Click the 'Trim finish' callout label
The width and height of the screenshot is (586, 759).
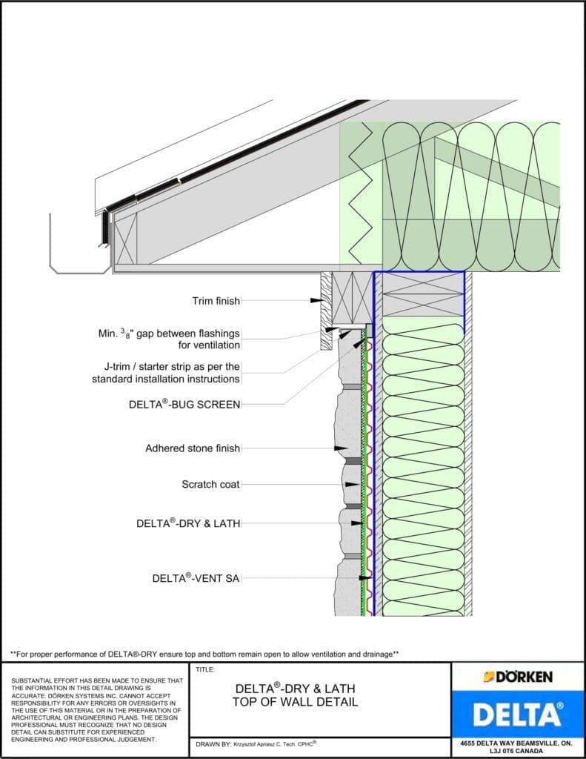pos(216,301)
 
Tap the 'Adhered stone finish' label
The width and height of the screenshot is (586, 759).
pos(193,448)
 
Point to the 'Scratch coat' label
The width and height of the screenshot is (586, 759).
pos(210,485)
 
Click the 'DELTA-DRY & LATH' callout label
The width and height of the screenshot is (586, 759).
pos(188,523)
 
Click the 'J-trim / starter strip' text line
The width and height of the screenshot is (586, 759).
pos(171,366)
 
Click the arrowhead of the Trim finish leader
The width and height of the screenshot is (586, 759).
pos(316,300)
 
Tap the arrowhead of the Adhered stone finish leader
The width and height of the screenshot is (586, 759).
pos(342,448)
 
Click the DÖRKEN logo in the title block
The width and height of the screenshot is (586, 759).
pos(518,677)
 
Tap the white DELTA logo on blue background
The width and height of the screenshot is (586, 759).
pos(518,715)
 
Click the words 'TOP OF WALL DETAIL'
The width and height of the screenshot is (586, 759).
pos(295,702)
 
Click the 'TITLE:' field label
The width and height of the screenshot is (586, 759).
pos(204,669)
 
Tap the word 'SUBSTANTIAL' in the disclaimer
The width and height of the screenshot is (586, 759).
pos(33,680)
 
